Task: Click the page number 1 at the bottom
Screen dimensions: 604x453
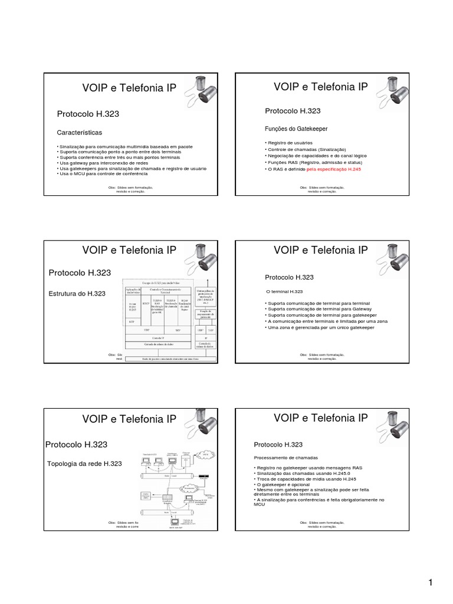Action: [431, 583]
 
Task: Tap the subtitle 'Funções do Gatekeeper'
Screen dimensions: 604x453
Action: [296, 129]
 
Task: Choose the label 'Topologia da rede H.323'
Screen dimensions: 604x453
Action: [84, 464]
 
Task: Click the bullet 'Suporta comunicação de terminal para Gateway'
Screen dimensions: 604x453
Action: [317, 308]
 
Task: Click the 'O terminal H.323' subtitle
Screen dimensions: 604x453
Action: [285, 292]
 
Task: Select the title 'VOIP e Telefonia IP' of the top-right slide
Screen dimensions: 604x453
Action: [321, 87]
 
